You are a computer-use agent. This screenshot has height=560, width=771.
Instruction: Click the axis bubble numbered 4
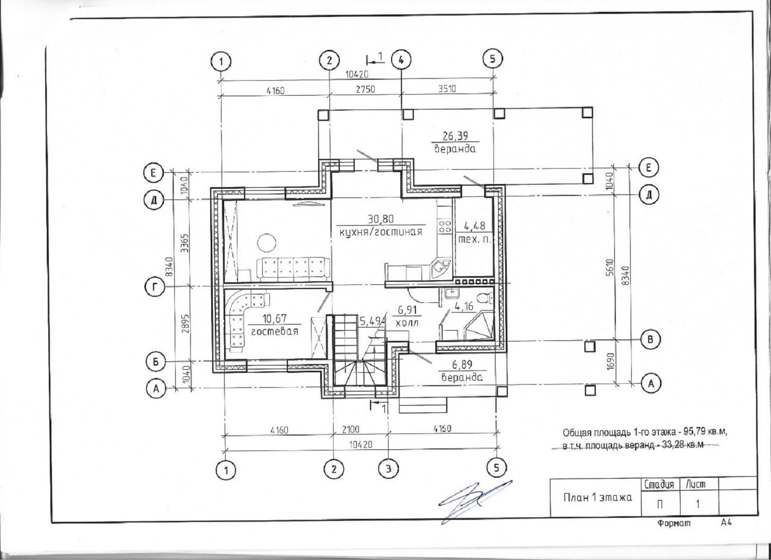coord(401,60)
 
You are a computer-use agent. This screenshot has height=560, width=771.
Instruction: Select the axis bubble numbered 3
coord(389,468)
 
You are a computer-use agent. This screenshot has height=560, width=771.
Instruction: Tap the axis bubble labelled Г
coord(155,287)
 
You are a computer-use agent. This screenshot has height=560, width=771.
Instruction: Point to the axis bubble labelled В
coord(651,339)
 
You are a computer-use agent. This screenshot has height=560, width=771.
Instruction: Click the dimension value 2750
coord(365,89)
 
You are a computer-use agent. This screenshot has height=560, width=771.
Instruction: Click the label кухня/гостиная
coord(381,231)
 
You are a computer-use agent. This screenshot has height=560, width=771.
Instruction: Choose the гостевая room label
coord(274,331)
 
